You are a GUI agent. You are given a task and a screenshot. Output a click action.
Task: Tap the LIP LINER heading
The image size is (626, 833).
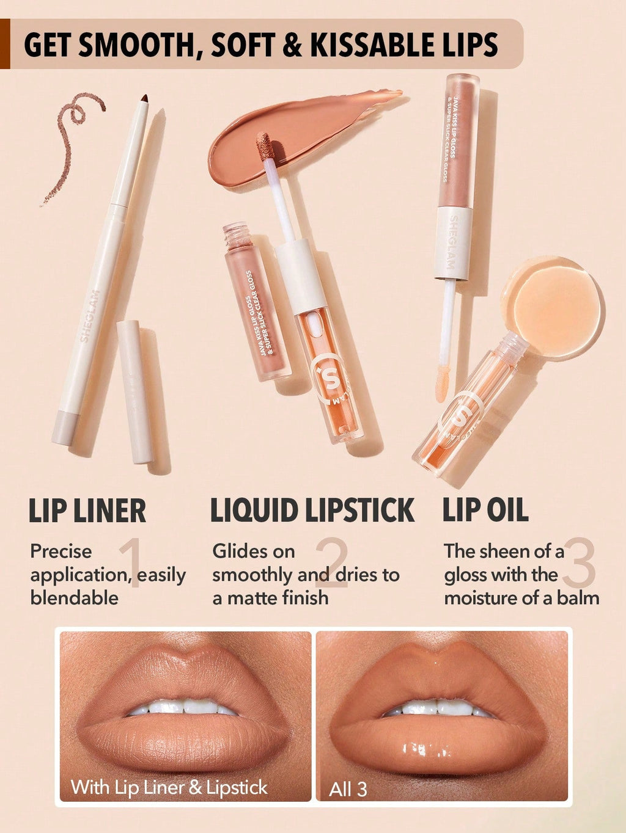pos(87,511)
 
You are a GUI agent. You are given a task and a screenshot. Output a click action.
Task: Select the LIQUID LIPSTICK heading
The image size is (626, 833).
pos(312,511)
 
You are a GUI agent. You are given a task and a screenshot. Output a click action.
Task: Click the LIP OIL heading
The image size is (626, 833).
pos(485,511)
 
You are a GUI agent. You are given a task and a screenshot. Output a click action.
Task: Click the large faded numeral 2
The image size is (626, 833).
pos(331,564)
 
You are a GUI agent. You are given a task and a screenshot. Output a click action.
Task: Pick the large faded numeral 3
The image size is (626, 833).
pos(579,564)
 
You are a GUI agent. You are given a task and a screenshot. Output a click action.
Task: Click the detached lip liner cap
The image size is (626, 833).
pos(134,391)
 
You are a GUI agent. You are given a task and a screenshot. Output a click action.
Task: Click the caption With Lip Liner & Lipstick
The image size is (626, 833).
pos(169,787)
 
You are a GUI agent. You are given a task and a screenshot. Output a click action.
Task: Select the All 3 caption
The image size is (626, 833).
pos(348,789)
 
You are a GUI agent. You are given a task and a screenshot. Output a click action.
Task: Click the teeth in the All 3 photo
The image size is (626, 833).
pos(438,708)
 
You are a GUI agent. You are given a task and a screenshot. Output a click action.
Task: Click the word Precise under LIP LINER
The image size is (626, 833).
pos(61,551)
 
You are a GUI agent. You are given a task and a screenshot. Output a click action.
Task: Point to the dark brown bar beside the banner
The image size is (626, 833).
pos(5,43)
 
